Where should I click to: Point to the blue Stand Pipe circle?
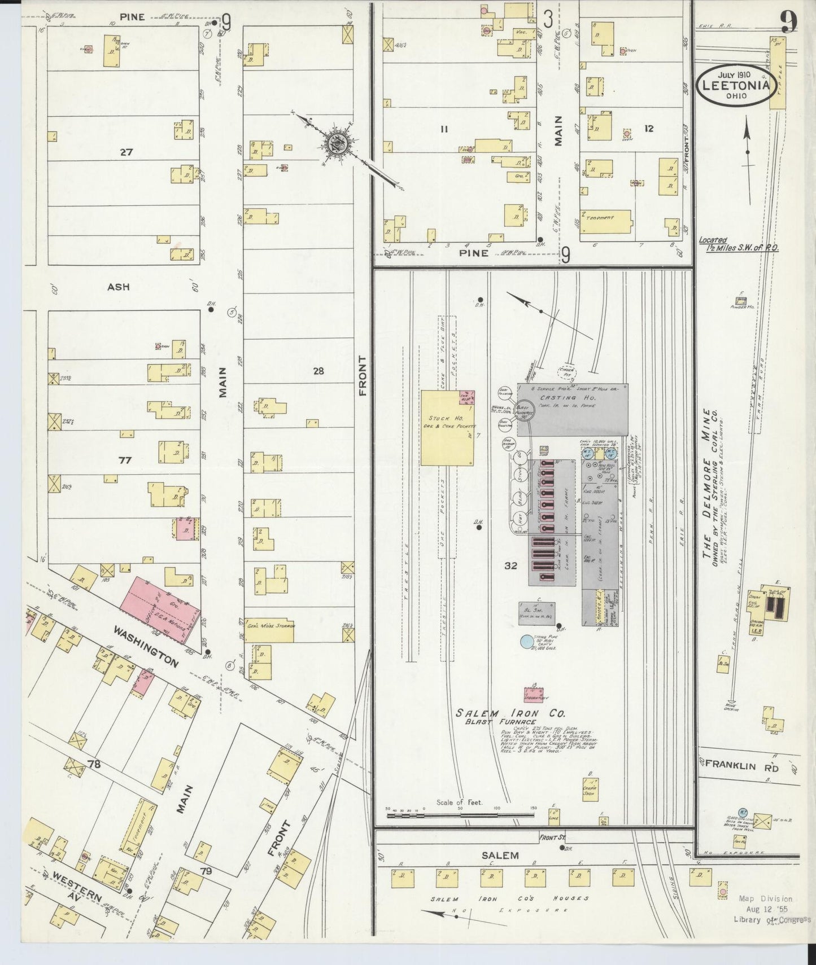coord(526,641)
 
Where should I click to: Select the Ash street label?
coord(119,287)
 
